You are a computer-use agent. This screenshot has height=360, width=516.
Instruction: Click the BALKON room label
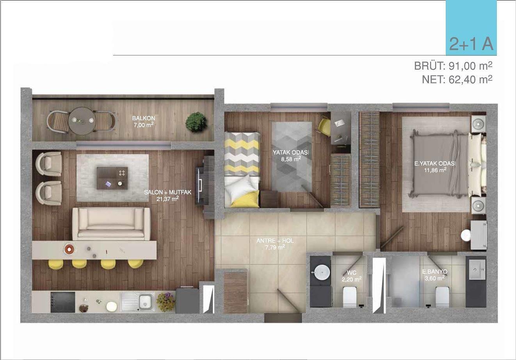[144, 118]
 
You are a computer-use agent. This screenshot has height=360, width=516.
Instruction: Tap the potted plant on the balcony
[196, 122]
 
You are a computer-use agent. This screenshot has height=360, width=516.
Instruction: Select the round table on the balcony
[82, 121]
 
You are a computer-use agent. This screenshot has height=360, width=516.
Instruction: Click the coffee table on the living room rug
[112, 178]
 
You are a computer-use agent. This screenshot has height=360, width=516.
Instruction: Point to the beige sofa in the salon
[111, 224]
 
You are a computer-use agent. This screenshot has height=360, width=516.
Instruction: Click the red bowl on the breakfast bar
[69, 249]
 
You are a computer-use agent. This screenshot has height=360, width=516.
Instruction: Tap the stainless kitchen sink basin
[146, 302]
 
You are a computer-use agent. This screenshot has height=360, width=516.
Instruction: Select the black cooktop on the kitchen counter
[63, 302]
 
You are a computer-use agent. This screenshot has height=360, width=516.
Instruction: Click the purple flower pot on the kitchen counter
[165, 302]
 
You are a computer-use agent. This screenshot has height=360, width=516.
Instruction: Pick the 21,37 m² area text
[167, 199]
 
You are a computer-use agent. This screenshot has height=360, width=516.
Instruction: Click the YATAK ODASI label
[291, 152]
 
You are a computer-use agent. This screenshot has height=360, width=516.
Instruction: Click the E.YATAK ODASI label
[435, 164]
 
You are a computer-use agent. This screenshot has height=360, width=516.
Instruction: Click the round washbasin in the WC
[322, 273]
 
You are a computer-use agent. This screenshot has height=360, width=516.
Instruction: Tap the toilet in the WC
[350, 297]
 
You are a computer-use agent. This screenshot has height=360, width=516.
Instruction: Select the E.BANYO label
[435, 271]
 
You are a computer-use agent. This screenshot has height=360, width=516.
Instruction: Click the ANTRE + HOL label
[275, 241]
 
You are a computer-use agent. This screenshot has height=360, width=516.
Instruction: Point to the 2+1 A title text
[472, 44]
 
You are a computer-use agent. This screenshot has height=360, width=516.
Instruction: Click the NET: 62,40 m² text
[457, 80]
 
